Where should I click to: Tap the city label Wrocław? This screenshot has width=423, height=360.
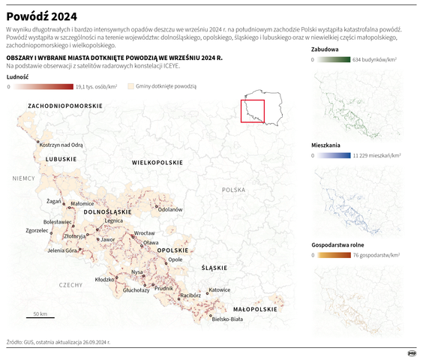point(144,234)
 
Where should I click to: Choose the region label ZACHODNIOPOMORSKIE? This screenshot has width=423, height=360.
point(65,107)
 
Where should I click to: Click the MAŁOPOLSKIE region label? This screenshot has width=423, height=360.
point(255,309)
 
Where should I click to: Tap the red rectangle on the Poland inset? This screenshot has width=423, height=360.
point(252,111)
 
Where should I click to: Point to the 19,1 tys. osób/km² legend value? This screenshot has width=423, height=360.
point(97,87)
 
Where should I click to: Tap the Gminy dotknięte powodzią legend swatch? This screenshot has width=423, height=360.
point(129,87)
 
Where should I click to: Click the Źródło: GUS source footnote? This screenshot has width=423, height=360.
point(58,340)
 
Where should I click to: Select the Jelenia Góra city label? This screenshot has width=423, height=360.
point(62,250)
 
